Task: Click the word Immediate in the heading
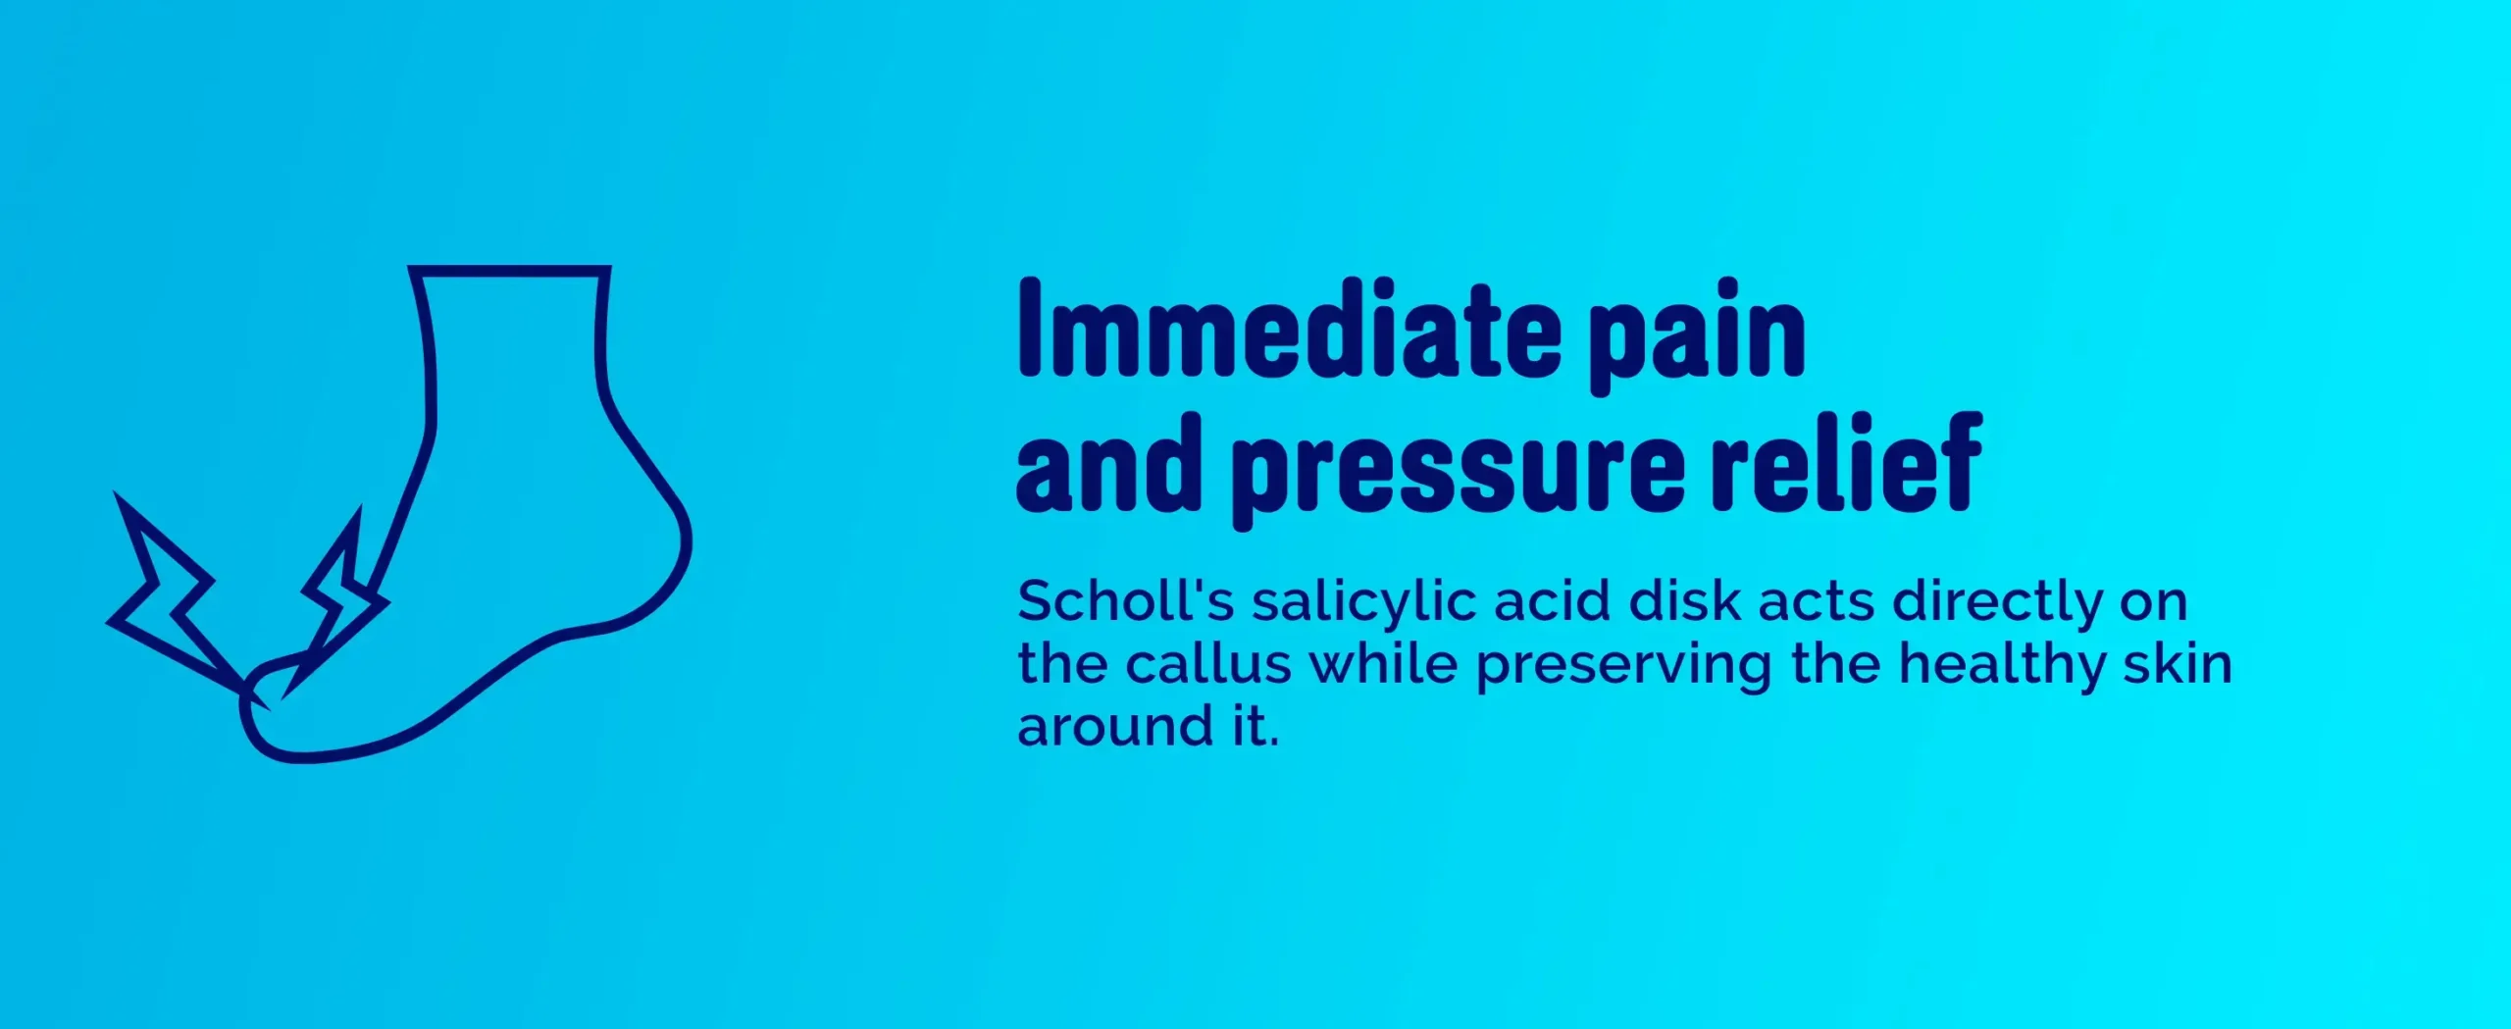coord(1289,330)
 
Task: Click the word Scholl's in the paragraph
coord(1126,600)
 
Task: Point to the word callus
coord(1208,663)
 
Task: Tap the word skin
coord(2178,663)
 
